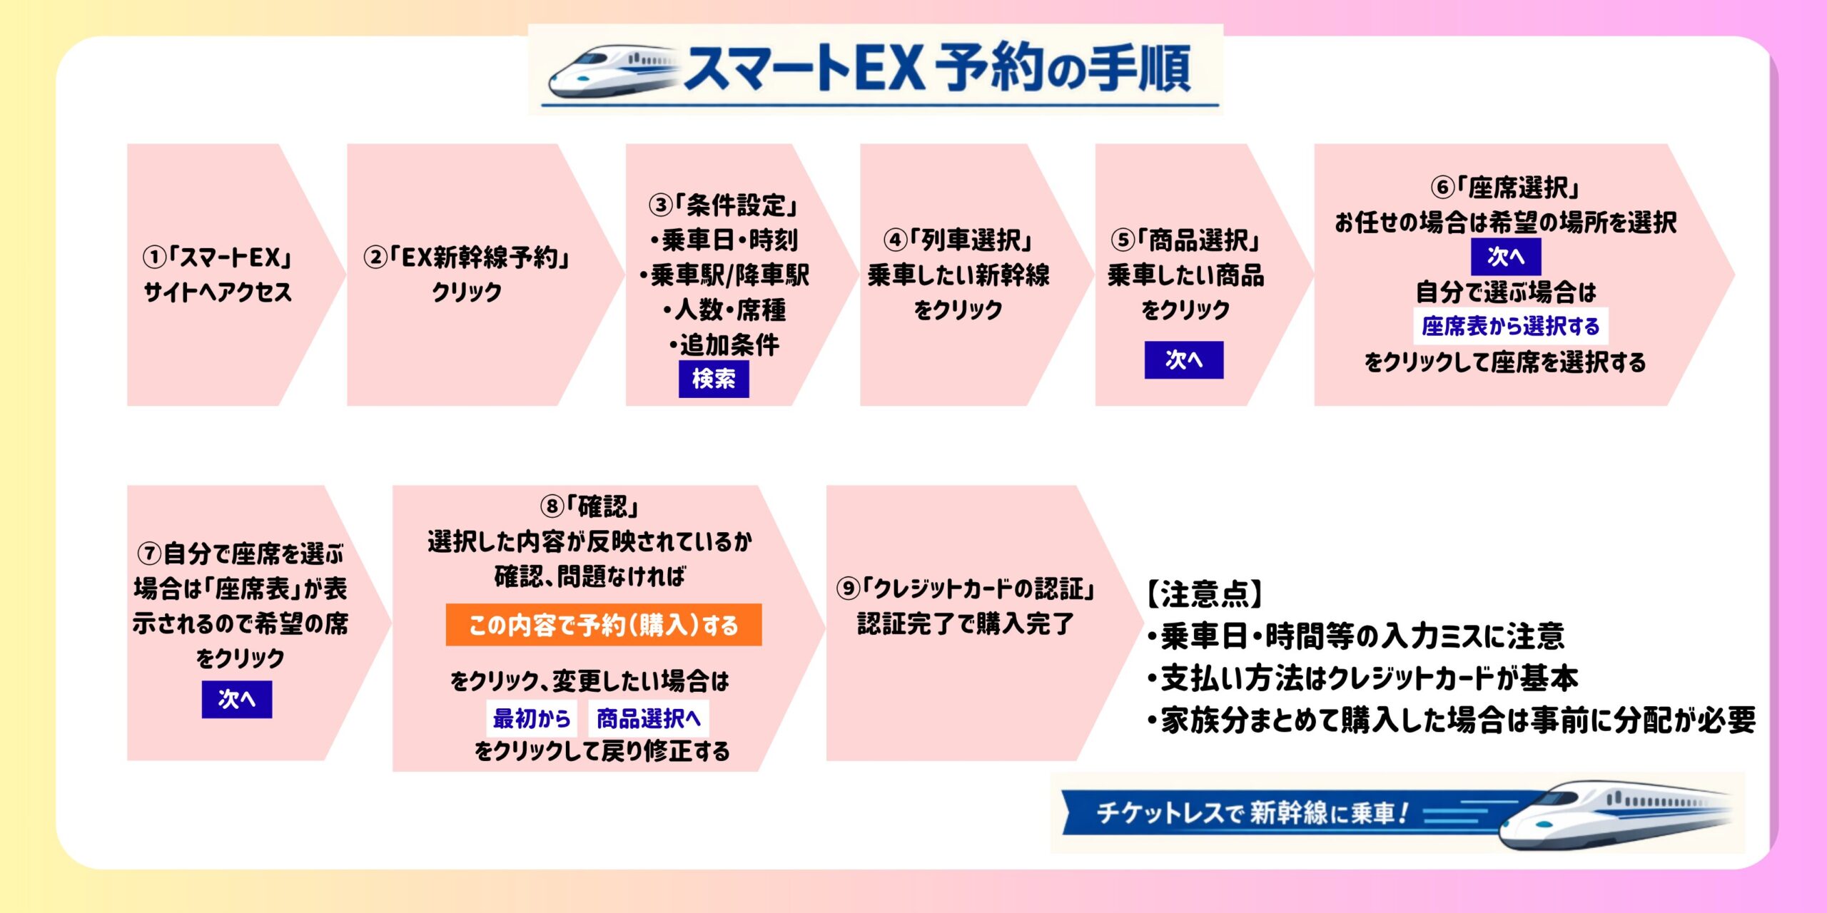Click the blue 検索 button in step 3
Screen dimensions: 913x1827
click(x=713, y=379)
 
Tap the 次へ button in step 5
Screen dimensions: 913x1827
click(x=1183, y=359)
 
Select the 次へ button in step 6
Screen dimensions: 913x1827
click(x=1505, y=257)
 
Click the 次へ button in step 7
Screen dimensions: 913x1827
click(x=236, y=699)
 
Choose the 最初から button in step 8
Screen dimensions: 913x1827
click(x=532, y=718)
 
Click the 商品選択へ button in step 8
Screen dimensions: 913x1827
click(x=648, y=718)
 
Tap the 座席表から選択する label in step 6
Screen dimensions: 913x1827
click(x=1510, y=326)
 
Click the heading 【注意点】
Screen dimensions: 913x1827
click(x=1205, y=593)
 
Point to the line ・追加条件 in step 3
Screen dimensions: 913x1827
click(x=724, y=345)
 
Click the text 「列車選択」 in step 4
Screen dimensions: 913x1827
click(x=971, y=240)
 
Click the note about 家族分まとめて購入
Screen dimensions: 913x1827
click(x=1450, y=720)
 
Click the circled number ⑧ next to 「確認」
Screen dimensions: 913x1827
click(x=552, y=507)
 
